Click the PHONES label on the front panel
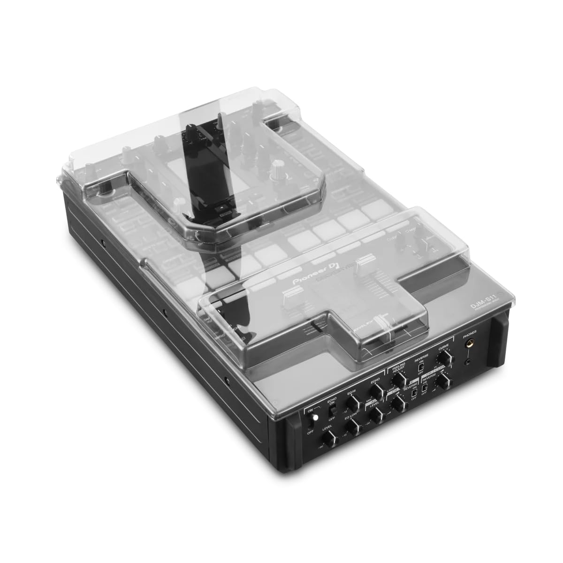(469, 332)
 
